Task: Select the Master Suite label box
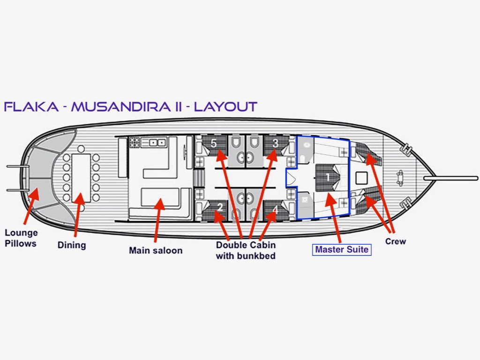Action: [342, 249]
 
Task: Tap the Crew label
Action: [396, 241]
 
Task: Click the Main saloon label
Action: [156, 250]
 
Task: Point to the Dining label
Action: [72, 245]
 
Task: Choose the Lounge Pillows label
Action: [21, 238]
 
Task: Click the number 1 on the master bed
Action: [328, 177]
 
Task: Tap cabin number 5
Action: [214, 144]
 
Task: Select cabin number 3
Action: [275, 142]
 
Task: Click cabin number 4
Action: [275, 210]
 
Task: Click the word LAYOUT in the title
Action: [225, 106]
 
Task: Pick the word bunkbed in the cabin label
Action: [256, 256]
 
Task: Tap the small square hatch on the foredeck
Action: [361, 178]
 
